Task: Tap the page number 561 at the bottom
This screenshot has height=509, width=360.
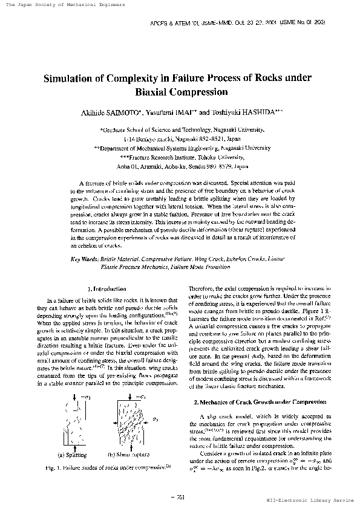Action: [x=180, y=496]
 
